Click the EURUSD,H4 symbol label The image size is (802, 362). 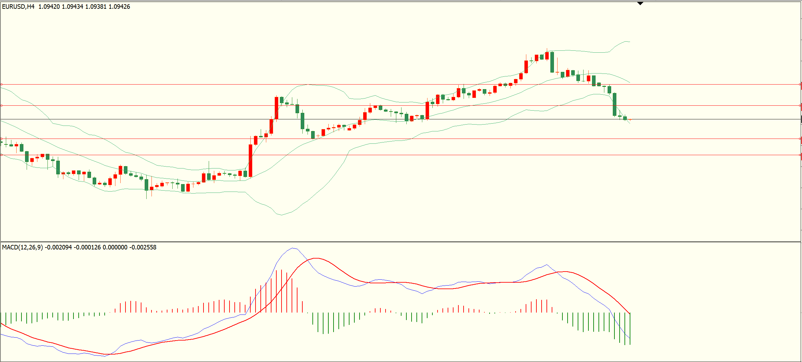coord(18,7)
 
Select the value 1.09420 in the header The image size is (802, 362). coord(49,7)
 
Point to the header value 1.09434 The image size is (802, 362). coord(72,7)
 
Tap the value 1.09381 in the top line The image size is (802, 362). coord(96,7)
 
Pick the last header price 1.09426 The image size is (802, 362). coord(119,7)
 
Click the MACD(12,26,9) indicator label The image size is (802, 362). coord(22,248)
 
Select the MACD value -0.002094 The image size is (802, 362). coord(58,248)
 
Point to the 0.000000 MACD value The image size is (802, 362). coord(115,248)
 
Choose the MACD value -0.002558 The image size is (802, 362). coord(143,248)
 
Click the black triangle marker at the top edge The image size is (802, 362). coord(640,4)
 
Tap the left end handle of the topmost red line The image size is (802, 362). coord(2,85)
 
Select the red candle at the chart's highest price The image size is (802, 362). coord(547,56)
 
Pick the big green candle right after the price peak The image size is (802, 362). coord(552,62)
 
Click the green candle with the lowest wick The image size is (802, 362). coord(146,184)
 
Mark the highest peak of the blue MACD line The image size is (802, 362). coord(293,248)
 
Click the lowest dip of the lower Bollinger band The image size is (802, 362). coord(281,215)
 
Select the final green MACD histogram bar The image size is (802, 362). coord(630,328)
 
